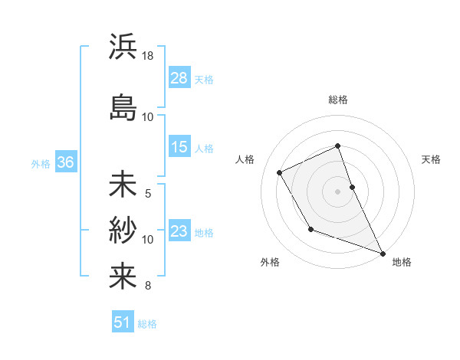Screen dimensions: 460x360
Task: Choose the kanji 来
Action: (x=123, y=276)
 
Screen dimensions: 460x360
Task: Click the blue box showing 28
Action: (x=179, y=78)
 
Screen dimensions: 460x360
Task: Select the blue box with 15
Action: (x=179, y=147)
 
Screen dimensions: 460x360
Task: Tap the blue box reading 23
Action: (x=179, y=232)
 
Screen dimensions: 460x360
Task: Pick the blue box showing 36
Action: (x=66, y=162)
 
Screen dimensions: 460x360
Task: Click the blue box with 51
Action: (x=123, y=322)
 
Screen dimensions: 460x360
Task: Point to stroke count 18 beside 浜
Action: (x=148, y=56)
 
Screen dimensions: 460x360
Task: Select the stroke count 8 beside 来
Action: (x=148, y=286)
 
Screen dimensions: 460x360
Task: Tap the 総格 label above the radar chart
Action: (x=338, y=100)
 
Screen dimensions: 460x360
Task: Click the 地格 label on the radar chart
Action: (x=402, y=262)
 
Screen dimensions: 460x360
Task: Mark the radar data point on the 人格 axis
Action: (x=280, y=172)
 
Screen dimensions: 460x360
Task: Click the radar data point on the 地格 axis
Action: (x=383, y=253)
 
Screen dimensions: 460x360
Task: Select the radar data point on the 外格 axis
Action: (x=310, y=229)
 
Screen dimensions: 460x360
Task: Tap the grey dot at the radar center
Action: (x=338, y=191)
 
